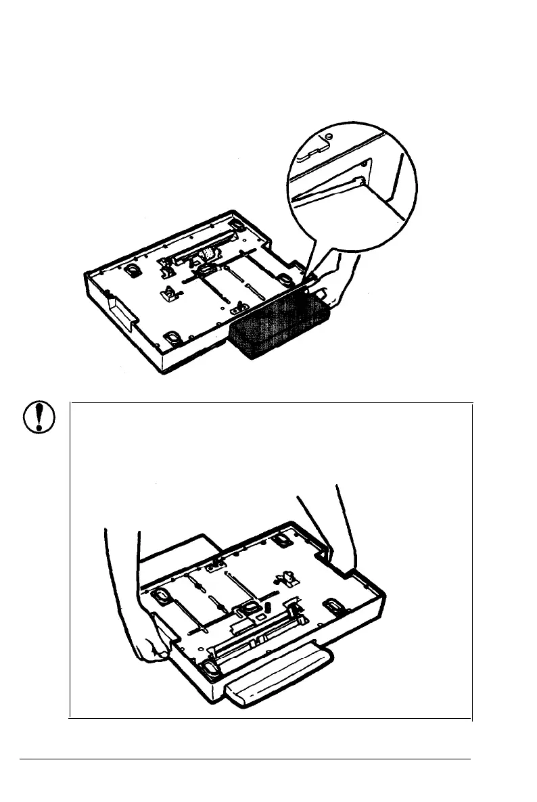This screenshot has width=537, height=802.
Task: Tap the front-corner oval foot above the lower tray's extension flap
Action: (210, 669)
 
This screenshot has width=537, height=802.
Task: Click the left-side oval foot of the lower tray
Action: (164, 594)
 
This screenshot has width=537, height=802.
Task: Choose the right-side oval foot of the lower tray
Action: (333, 604)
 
